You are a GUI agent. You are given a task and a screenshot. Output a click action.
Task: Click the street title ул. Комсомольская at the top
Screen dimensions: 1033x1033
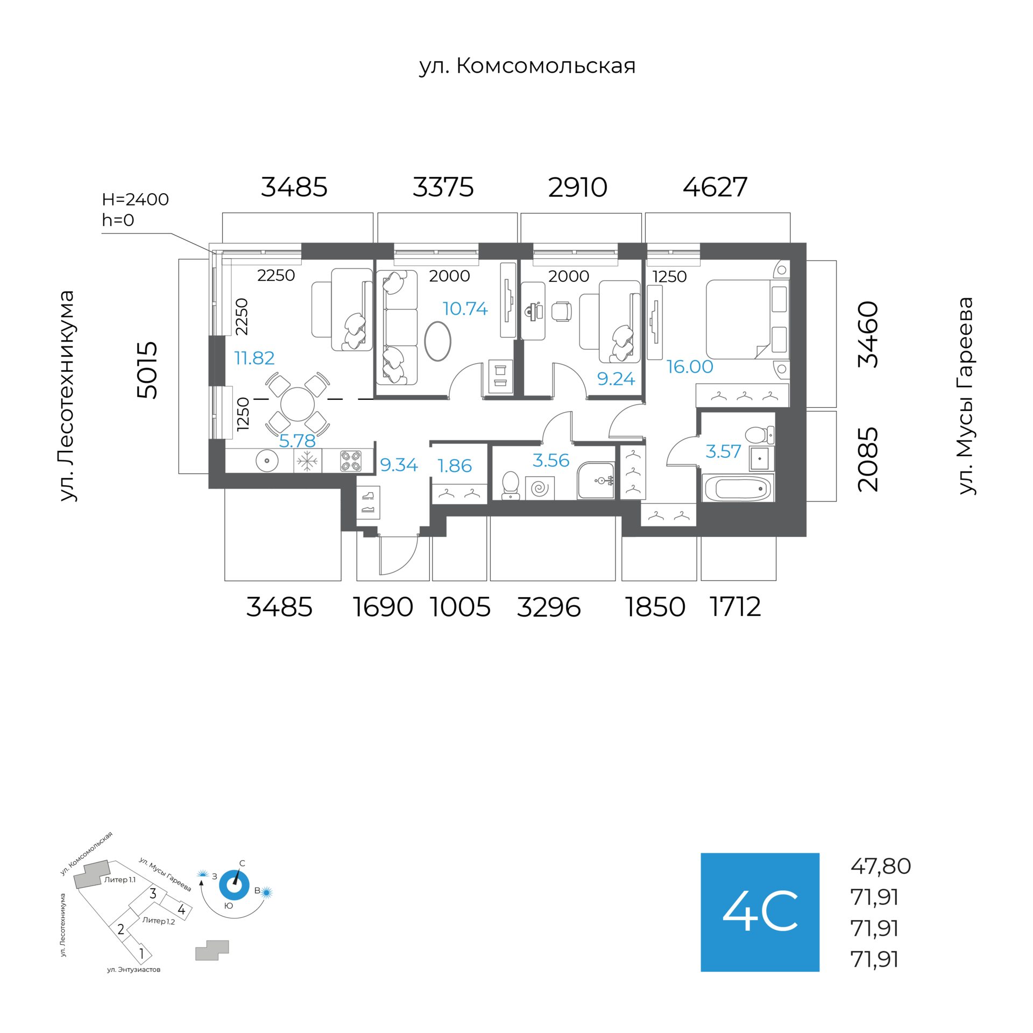[x=527, y=66]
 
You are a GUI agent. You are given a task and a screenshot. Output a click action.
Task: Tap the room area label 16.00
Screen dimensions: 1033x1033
[x=689, y=367]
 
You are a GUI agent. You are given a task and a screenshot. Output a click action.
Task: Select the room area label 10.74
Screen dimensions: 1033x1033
[x=465, y=309]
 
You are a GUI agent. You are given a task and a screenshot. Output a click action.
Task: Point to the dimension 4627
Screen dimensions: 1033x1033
[x=715, y=187]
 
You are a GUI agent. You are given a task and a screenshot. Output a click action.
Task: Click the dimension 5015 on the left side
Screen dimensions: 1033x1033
[x=147, y=370]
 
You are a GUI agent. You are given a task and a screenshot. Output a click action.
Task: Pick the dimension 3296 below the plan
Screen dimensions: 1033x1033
[x=549, y=607]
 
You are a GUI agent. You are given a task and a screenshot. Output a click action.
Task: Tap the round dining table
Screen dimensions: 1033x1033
[x=298, y=405]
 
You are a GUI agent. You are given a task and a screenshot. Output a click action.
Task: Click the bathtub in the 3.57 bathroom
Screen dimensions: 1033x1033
[x=738, y=489]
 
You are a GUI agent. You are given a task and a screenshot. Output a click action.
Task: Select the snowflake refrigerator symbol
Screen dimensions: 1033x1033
[x=307, y=461]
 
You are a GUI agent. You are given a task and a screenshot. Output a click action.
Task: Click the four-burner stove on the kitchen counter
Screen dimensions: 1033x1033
[x=350, y=461]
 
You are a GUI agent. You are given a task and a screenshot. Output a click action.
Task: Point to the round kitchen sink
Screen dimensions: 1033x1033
[x=267, y=461]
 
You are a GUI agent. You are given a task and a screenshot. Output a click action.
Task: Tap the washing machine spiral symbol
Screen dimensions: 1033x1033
[x=539, y=488]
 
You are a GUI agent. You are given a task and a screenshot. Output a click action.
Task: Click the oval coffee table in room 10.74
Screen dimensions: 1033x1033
[x=437, y=341]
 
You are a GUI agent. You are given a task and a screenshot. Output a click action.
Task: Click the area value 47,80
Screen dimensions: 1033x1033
[x=880, y=866]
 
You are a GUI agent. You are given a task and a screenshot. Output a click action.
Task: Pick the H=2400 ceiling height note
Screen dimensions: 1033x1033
[x=135, y=200]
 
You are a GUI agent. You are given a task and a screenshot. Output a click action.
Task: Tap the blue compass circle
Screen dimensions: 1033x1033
[x=234, y=885]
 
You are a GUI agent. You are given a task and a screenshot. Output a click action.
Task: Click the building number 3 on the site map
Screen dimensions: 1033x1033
[x=153, y=894]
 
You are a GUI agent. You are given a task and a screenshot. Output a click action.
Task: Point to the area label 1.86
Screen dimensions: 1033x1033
[x=455, y=466]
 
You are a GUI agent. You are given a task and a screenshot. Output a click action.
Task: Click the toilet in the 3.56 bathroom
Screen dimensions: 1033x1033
[x=510, y=485]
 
